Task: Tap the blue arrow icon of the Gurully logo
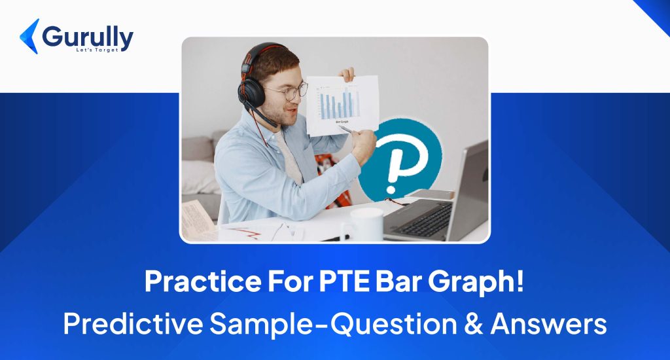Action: point(29,36)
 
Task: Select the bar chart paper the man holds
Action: point(342,103)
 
